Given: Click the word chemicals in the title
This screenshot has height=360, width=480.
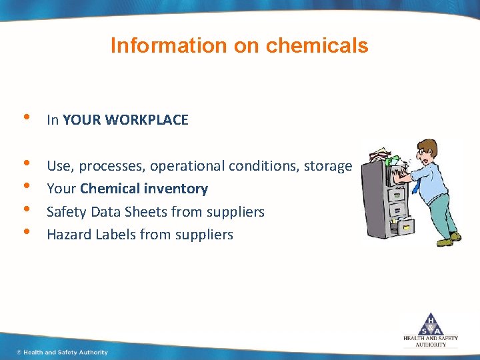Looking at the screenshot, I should point(317,45).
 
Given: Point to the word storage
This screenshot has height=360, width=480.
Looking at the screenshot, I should point(327,166).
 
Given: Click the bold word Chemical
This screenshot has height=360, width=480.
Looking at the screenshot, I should point(111,189).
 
